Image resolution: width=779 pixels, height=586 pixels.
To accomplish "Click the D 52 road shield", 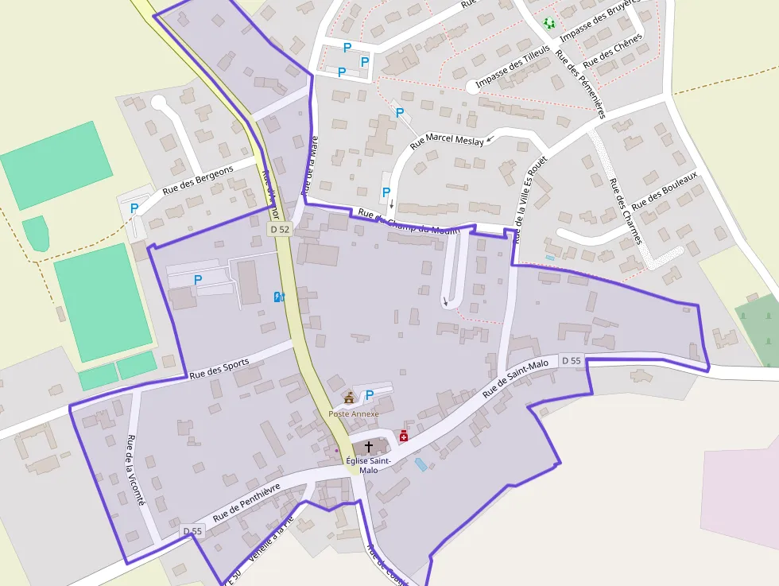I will [278, 229].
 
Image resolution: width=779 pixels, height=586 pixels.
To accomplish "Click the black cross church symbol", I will [368, 448].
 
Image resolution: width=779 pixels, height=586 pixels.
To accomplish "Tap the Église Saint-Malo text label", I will [368, 465].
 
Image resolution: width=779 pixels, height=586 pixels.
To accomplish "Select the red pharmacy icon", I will [404, 436].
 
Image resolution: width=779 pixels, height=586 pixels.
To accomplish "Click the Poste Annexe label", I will [354, 413].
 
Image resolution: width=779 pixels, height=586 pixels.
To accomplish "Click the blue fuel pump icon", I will [278, 297].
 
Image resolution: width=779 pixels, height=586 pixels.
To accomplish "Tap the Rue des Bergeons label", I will [198, 180].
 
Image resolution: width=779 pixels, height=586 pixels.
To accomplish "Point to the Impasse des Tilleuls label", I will [513, 67].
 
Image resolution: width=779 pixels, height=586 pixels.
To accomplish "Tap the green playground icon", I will [548, 23].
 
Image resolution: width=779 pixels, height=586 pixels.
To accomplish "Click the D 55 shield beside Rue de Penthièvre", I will [192, 531].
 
